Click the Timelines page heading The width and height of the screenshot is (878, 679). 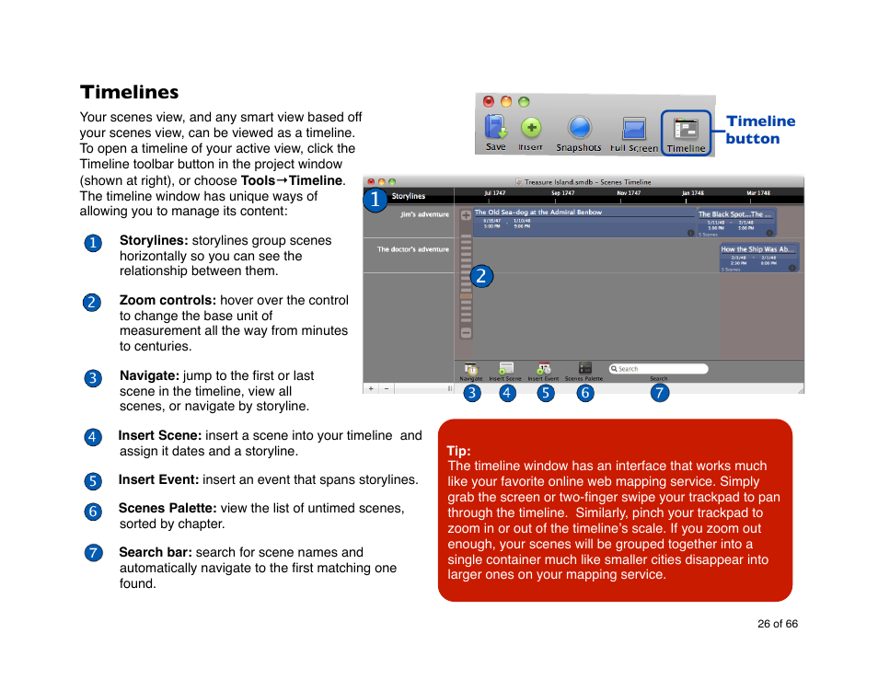129,92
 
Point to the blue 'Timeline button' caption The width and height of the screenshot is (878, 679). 759,130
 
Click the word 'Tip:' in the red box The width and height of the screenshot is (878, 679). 458,451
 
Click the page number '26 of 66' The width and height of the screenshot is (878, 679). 778,624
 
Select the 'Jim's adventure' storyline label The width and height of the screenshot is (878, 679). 424,214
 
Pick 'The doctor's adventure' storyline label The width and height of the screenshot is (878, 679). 412,249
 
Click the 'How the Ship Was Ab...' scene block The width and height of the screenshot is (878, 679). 758,258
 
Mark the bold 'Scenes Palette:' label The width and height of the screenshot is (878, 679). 167,508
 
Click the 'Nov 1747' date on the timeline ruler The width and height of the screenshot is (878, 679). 629,194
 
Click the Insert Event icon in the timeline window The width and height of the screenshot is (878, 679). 544,369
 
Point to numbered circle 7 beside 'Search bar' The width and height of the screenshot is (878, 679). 93,553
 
